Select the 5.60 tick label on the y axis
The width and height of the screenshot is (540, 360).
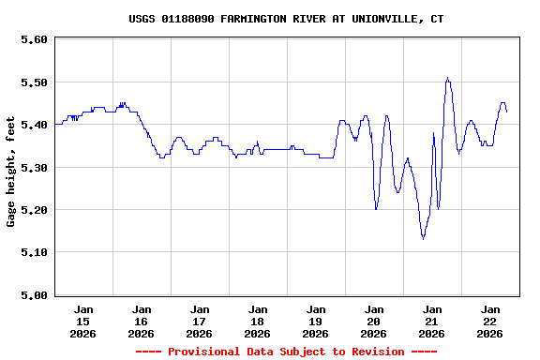tap(33, 39)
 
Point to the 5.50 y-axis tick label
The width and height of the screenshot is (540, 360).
tap(33, 82)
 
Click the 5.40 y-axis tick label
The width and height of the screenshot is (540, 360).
tap(33, 125)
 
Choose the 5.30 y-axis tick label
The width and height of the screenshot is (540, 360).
tap(33, 168)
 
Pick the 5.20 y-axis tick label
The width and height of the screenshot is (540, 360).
tap(33, 210)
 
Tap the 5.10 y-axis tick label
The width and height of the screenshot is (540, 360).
tap(33, 252)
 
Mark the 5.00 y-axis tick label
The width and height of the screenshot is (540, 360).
tap(33, 295)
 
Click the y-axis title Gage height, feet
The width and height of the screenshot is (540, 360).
tap(11, 172)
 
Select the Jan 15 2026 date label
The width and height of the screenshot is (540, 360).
tap(83, 321)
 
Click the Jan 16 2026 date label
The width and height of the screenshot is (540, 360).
tap(142, 321)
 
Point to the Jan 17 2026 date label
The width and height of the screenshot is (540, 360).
tap(200, 321)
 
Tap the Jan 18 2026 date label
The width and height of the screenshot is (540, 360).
tap(258, 321)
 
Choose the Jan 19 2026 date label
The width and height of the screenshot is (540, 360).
tap(316, 321)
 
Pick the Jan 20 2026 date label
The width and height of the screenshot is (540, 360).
tap(374, 321)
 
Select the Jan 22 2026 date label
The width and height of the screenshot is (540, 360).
tap(490, 321)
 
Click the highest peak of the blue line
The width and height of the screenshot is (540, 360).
tap(447, 78)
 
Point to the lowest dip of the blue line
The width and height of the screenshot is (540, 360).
tap(423, 238)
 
